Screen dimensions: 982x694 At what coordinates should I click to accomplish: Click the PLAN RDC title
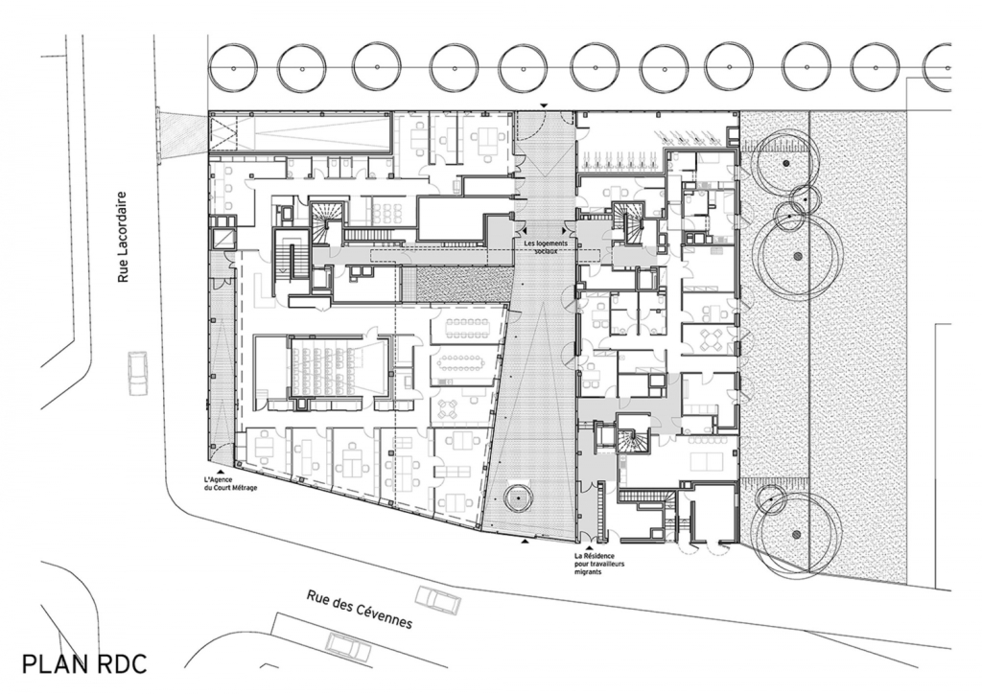[x=84, y=664]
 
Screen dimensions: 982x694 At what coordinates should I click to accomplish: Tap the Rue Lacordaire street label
[x=123, y=237]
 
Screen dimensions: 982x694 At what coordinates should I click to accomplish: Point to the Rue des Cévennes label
[x=360, y=609]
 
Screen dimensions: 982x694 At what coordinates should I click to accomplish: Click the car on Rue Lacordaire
[x=137, y=373]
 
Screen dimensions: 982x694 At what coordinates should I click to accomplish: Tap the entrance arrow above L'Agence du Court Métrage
[x=220, y=471]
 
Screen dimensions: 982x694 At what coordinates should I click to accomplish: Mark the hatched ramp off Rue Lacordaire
[x=183, y=133]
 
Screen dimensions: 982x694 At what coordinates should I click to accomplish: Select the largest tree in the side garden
[x=797, y=256]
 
